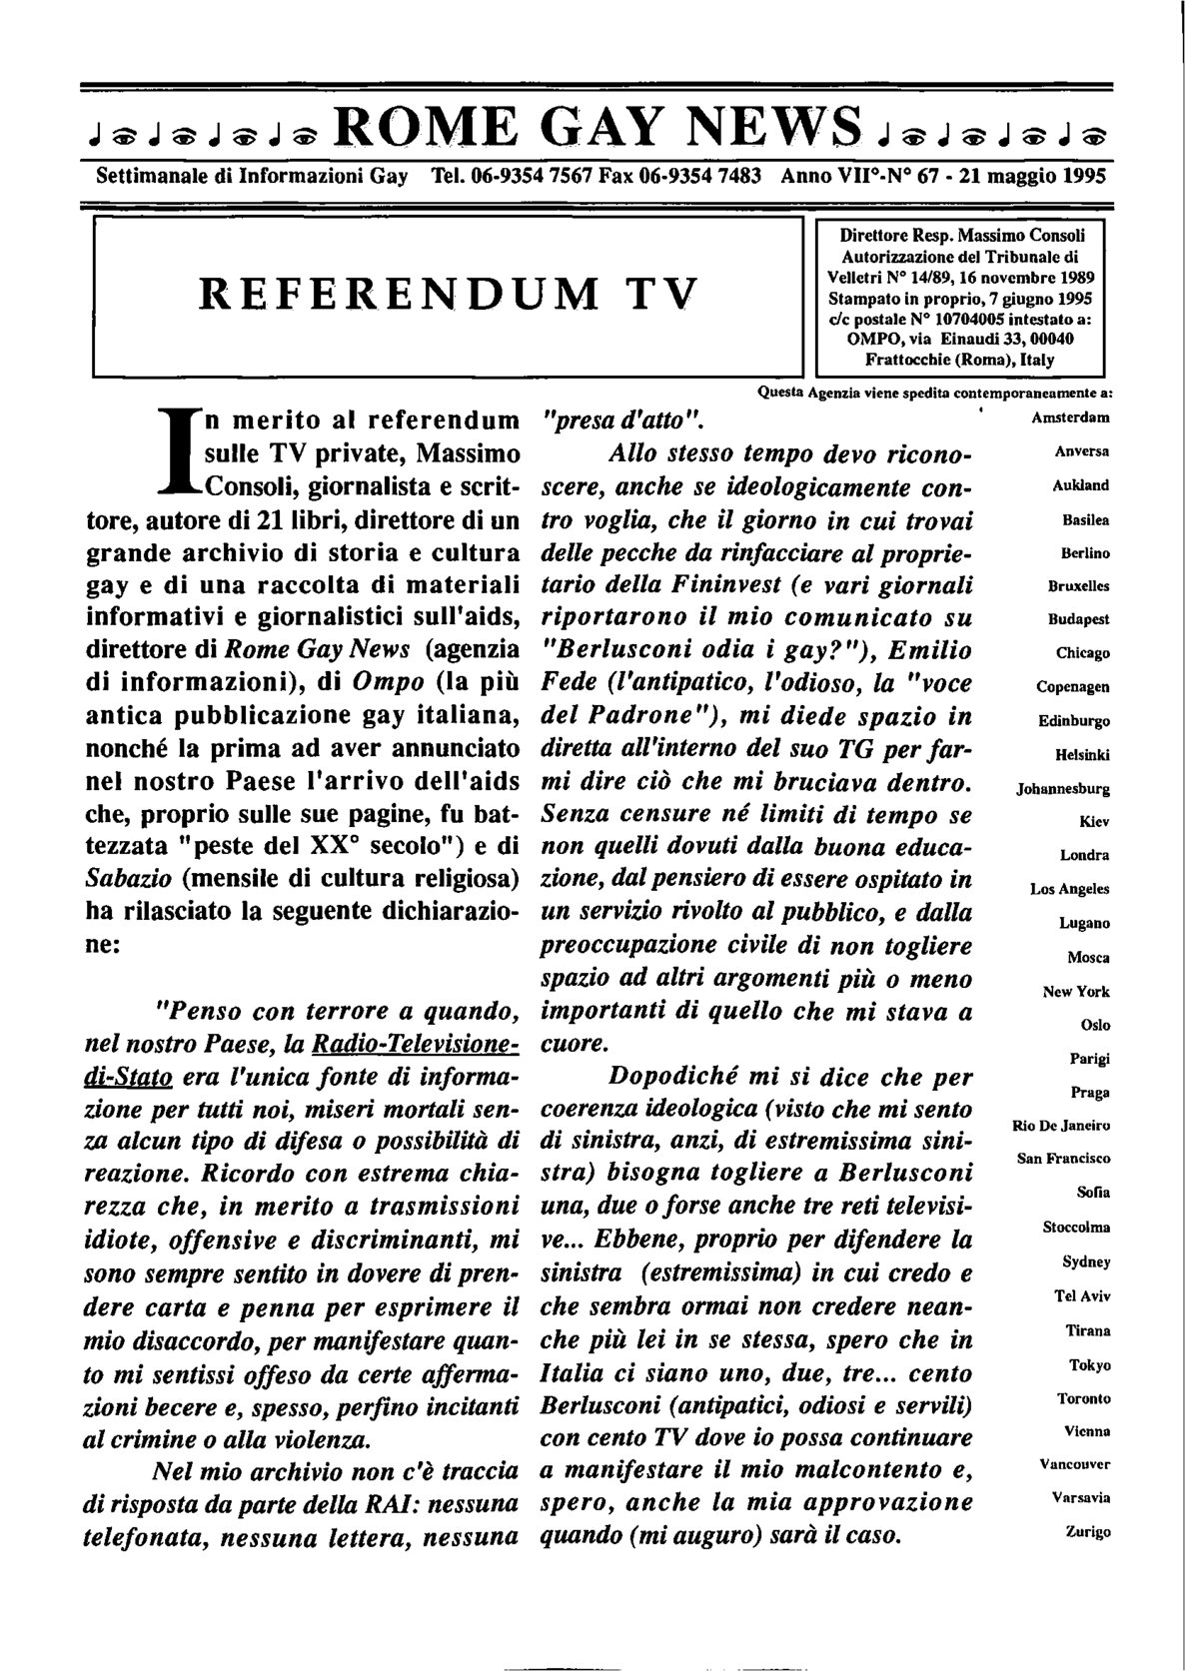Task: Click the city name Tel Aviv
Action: [1081, 1295]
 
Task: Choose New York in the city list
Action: [1076, 991]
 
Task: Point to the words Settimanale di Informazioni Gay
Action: [251, 176]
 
